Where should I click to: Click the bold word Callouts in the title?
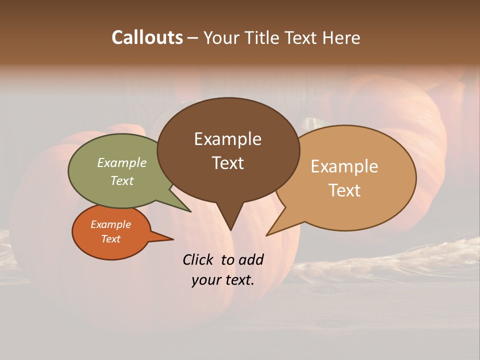[147, 37]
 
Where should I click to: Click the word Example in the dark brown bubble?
[227, 139]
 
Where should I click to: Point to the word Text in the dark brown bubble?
[227, 163]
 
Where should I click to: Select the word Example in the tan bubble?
[344, 166]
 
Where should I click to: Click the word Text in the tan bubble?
[344, 190]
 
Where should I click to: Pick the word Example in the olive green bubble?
[121, 162]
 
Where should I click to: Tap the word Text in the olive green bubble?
[121, 180]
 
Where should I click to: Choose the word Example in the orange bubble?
[110, 224]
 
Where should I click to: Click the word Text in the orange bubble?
[110, 239]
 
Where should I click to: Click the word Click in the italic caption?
[199, 259]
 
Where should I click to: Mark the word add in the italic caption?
[250, 259]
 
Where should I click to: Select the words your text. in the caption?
[222, 280]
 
